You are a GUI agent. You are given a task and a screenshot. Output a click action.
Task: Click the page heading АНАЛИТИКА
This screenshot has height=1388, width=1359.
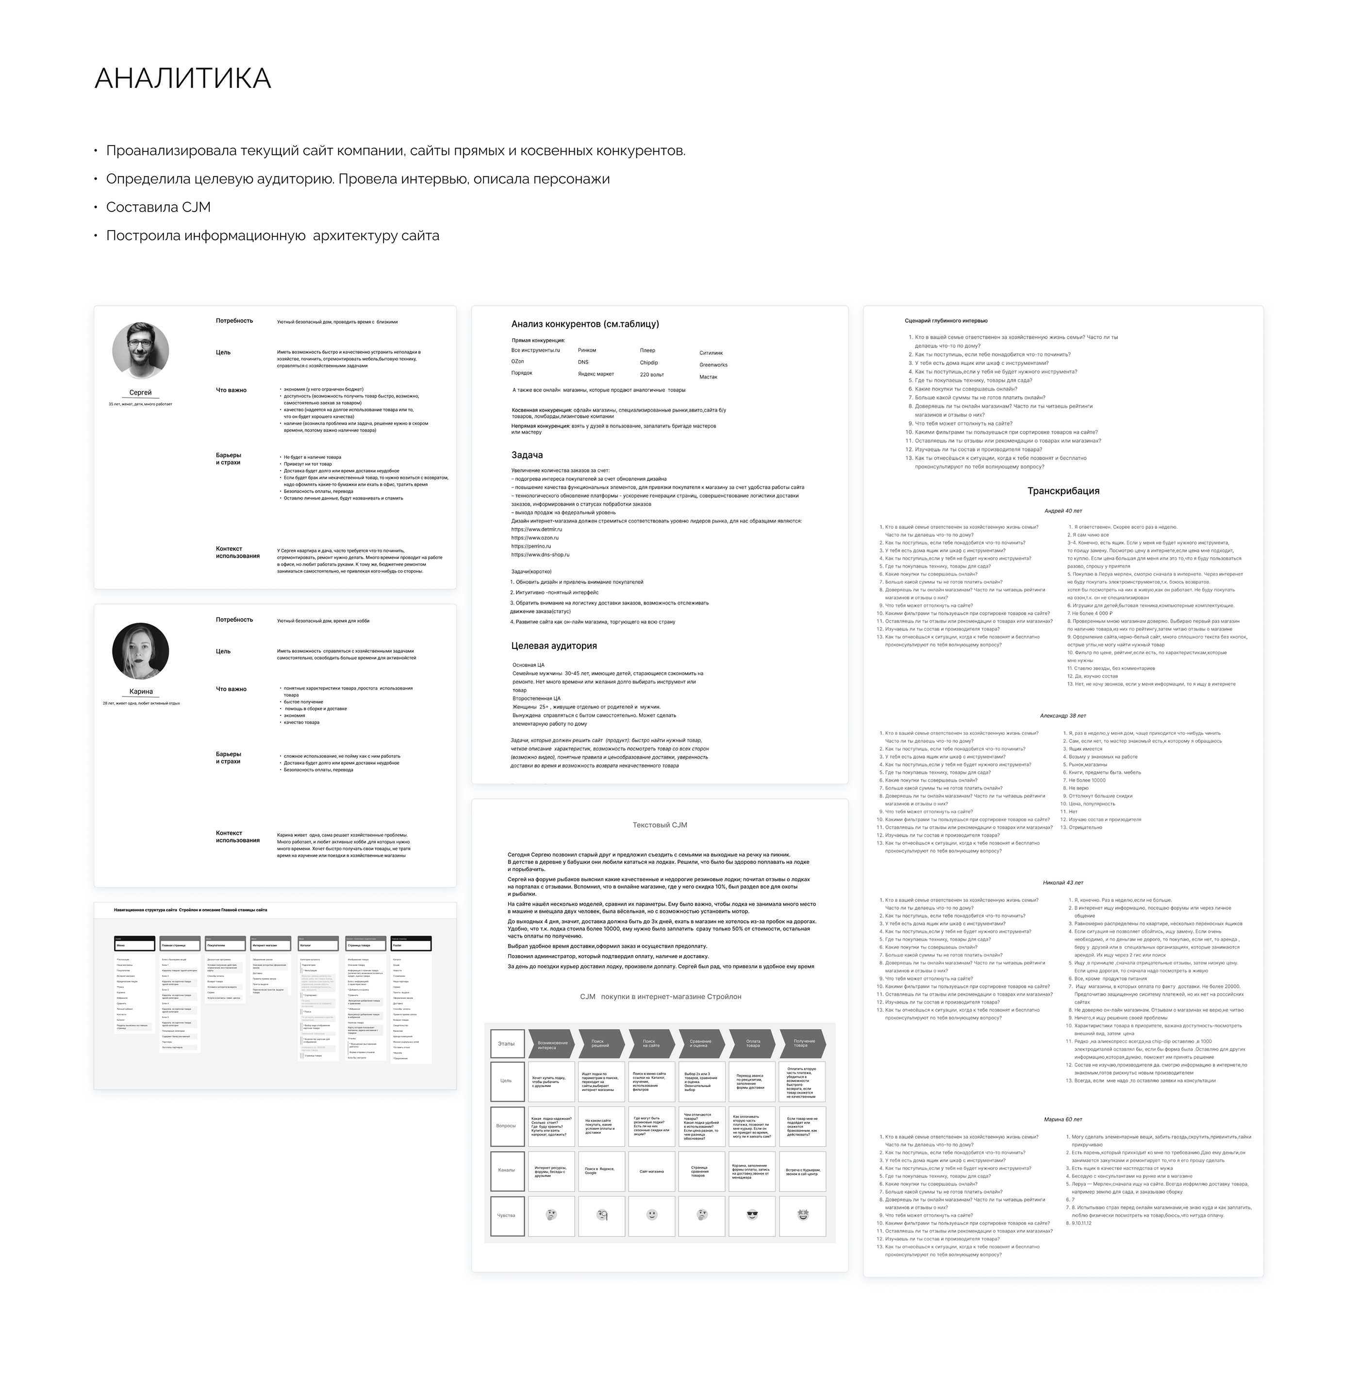tap(182, 79)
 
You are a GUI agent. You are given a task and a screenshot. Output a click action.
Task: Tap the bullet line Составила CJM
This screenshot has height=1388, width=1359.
tap(158, 207)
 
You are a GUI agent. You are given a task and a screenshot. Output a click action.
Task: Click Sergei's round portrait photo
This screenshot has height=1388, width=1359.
tap(141, 350)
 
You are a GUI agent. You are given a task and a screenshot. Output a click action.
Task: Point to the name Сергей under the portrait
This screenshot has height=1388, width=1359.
tap(141, 393)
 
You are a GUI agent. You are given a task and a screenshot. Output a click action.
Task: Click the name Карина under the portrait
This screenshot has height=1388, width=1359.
tap(141, 692)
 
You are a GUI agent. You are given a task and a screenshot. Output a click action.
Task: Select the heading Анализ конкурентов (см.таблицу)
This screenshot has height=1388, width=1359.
tap(584, 324)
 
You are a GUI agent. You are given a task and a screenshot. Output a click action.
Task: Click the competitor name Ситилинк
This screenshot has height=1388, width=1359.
tap(711, 352)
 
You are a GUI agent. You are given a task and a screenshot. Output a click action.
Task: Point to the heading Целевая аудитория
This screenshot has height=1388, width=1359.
tap(554, 646)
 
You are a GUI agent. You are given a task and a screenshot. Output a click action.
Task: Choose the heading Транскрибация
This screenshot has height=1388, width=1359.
tap(1063, 491)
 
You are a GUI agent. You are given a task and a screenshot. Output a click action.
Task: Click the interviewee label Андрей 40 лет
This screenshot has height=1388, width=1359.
tap(1063, 511)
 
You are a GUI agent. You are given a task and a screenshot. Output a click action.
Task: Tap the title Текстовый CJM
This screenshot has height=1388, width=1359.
tap(660, 825)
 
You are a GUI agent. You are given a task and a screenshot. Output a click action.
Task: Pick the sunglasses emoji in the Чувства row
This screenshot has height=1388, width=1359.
tap(752, 1215)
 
